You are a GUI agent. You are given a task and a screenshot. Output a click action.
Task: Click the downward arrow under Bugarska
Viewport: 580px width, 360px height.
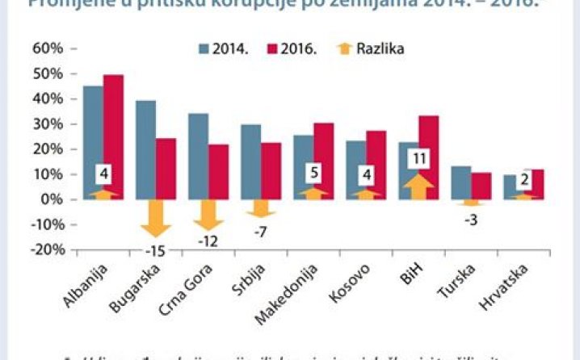point(155,218)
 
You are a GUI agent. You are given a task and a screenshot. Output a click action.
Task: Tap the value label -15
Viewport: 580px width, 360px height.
point(155,250)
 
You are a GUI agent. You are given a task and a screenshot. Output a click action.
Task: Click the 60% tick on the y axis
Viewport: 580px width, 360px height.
point(47,48)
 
